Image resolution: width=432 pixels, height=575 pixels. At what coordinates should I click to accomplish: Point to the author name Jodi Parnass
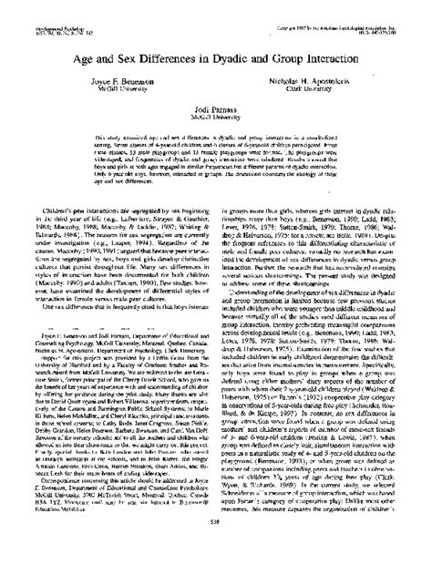(x=216, y=109)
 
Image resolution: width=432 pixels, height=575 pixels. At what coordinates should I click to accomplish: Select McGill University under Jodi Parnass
(x=216, y=118)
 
